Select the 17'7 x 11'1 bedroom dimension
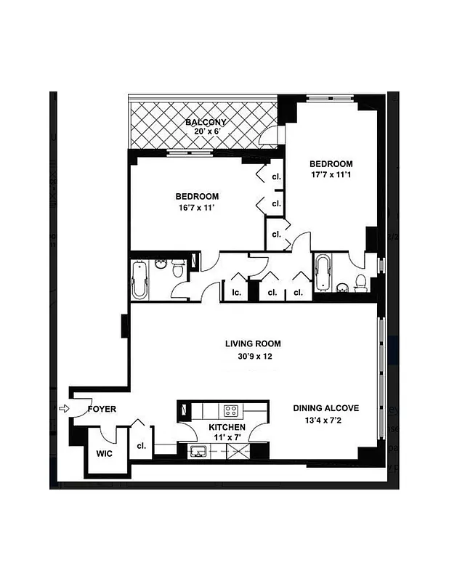point(331,175)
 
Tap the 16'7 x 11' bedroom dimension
point(196,208)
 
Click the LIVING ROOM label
point(253,344)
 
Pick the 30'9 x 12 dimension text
point(253,357)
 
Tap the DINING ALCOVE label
point(325,408)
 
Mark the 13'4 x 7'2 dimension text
point(325,421)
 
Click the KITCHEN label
point(227,428)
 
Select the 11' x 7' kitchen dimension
point(227,439)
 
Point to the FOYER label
point(102,410)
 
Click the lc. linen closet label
point(236,293)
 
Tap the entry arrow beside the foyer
point(63,409)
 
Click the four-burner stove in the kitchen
point(232,410)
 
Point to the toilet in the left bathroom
point(176,269)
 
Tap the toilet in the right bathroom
point(360,284)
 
